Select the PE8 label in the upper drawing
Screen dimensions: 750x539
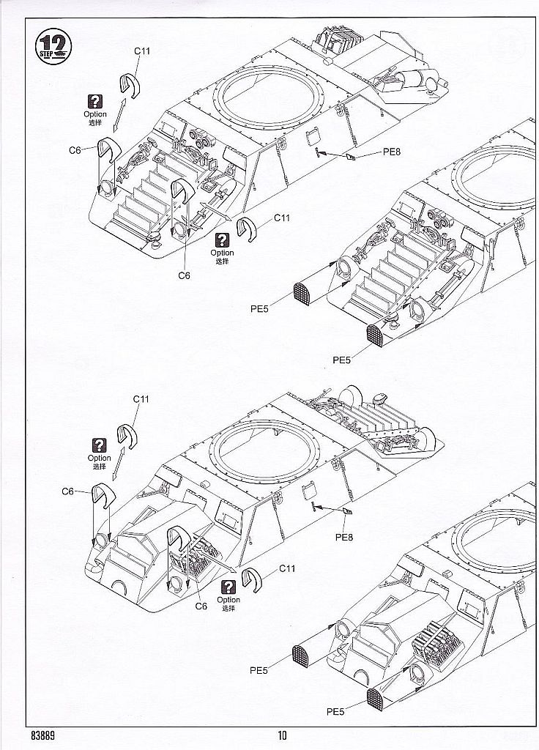(x=393, y=152)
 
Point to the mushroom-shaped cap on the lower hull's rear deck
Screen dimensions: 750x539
(x=381, y=398)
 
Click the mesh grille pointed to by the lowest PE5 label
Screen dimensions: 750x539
(x=376, y=701)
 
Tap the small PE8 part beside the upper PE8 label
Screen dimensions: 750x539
(x=352, y=157)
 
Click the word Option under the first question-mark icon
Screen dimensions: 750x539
(x=94, y=114)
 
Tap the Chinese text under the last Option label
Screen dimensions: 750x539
(x=229, y=609)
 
